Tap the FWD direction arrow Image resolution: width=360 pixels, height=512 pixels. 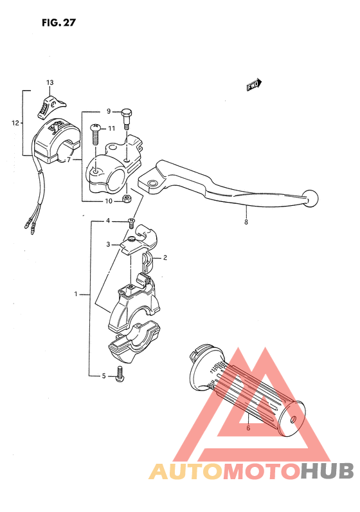point(254,85)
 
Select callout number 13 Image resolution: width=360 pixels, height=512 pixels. point(50,83)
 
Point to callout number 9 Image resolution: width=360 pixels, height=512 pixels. point(109,111)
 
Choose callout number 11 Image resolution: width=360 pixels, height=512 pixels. point(111,128)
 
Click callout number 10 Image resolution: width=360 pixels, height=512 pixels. point(109,201)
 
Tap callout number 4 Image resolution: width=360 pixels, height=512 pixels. point(109,221)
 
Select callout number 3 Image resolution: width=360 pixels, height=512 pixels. point(109,244)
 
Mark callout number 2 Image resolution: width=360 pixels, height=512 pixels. point(165,258)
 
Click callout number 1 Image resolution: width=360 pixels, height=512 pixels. point(76,294)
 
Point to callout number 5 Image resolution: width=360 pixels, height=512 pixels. point(103,376)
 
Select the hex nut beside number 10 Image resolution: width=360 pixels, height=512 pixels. point(127,198)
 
